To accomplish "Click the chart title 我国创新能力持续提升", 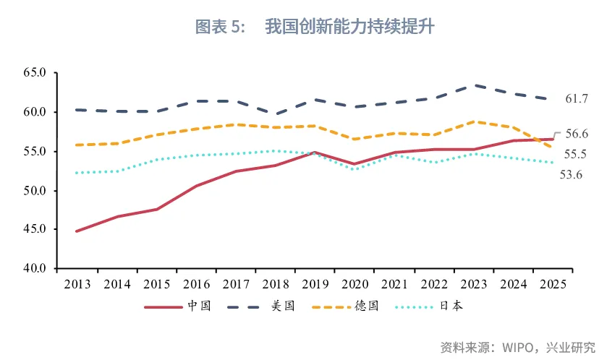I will point(349,27).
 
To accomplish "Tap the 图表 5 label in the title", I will point(221,27).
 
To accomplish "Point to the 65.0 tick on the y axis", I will point(34,73).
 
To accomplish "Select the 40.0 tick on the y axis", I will point(34,269).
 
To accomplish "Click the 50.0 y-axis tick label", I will point(34,191).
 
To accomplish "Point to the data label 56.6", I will point(577,134).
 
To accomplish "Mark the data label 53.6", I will point(572,174).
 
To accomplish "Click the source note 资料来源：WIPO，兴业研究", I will point(517,346).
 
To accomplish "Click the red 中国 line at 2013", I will point(77,231).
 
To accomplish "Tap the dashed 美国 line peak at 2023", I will point(474,85).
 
